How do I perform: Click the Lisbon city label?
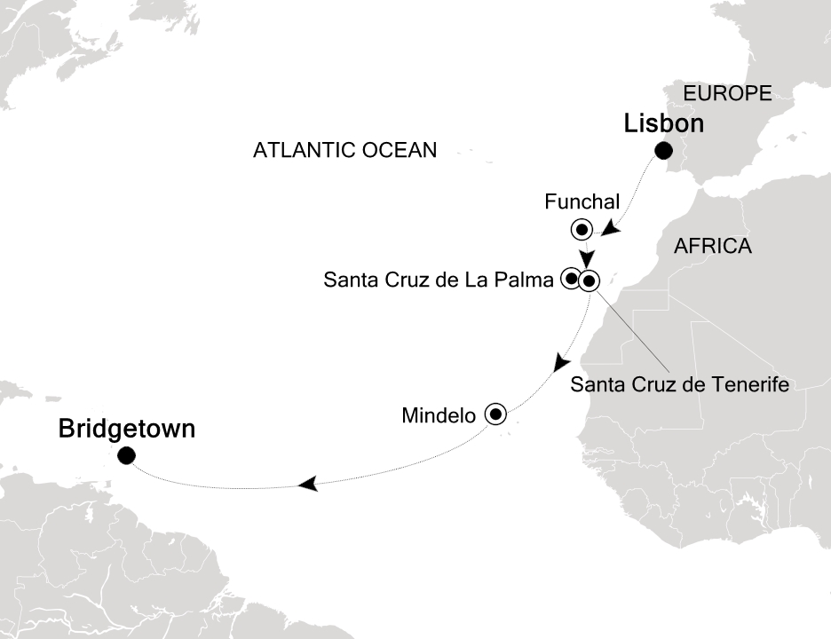pos(663,123)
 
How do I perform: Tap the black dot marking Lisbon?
pos(662,150)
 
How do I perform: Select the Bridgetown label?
pos(126,430)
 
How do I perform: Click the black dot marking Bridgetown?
pos(126,456)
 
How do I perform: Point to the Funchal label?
pos(582,203)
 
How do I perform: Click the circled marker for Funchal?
pos(582,230)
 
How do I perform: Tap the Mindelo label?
pos(439,414)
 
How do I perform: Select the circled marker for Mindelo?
pos(495,413)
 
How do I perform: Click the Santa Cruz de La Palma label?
pos(439,280)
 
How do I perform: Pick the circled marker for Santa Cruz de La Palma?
pos(571,280)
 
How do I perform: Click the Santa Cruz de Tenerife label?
pos(679,384)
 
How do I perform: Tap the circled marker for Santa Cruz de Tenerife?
pos(590,282)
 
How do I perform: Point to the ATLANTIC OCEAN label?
pos(344,150)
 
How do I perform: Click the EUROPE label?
pos(726,93)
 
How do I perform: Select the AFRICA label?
pos(712,246)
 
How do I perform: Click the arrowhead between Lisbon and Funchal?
pos(609,230)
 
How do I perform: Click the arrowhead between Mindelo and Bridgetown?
pos(308,484)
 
